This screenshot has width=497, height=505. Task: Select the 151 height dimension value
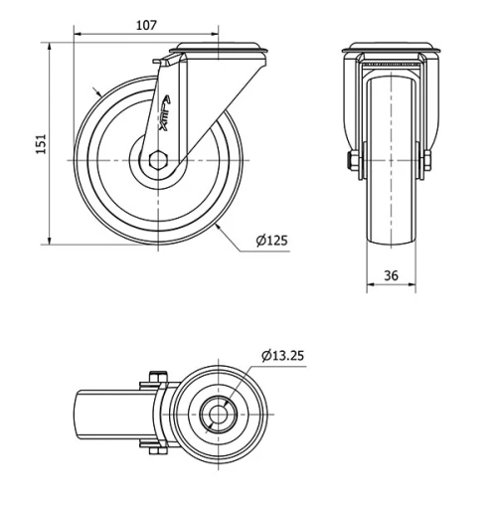[41, 145]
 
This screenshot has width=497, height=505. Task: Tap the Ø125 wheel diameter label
[271, 241]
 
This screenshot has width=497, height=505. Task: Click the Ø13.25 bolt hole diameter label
[287, 356]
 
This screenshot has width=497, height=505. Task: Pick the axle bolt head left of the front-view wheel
[352, 160]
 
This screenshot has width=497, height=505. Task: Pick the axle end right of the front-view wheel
[426, 160]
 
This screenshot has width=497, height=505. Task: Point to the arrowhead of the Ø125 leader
[216, 226]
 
